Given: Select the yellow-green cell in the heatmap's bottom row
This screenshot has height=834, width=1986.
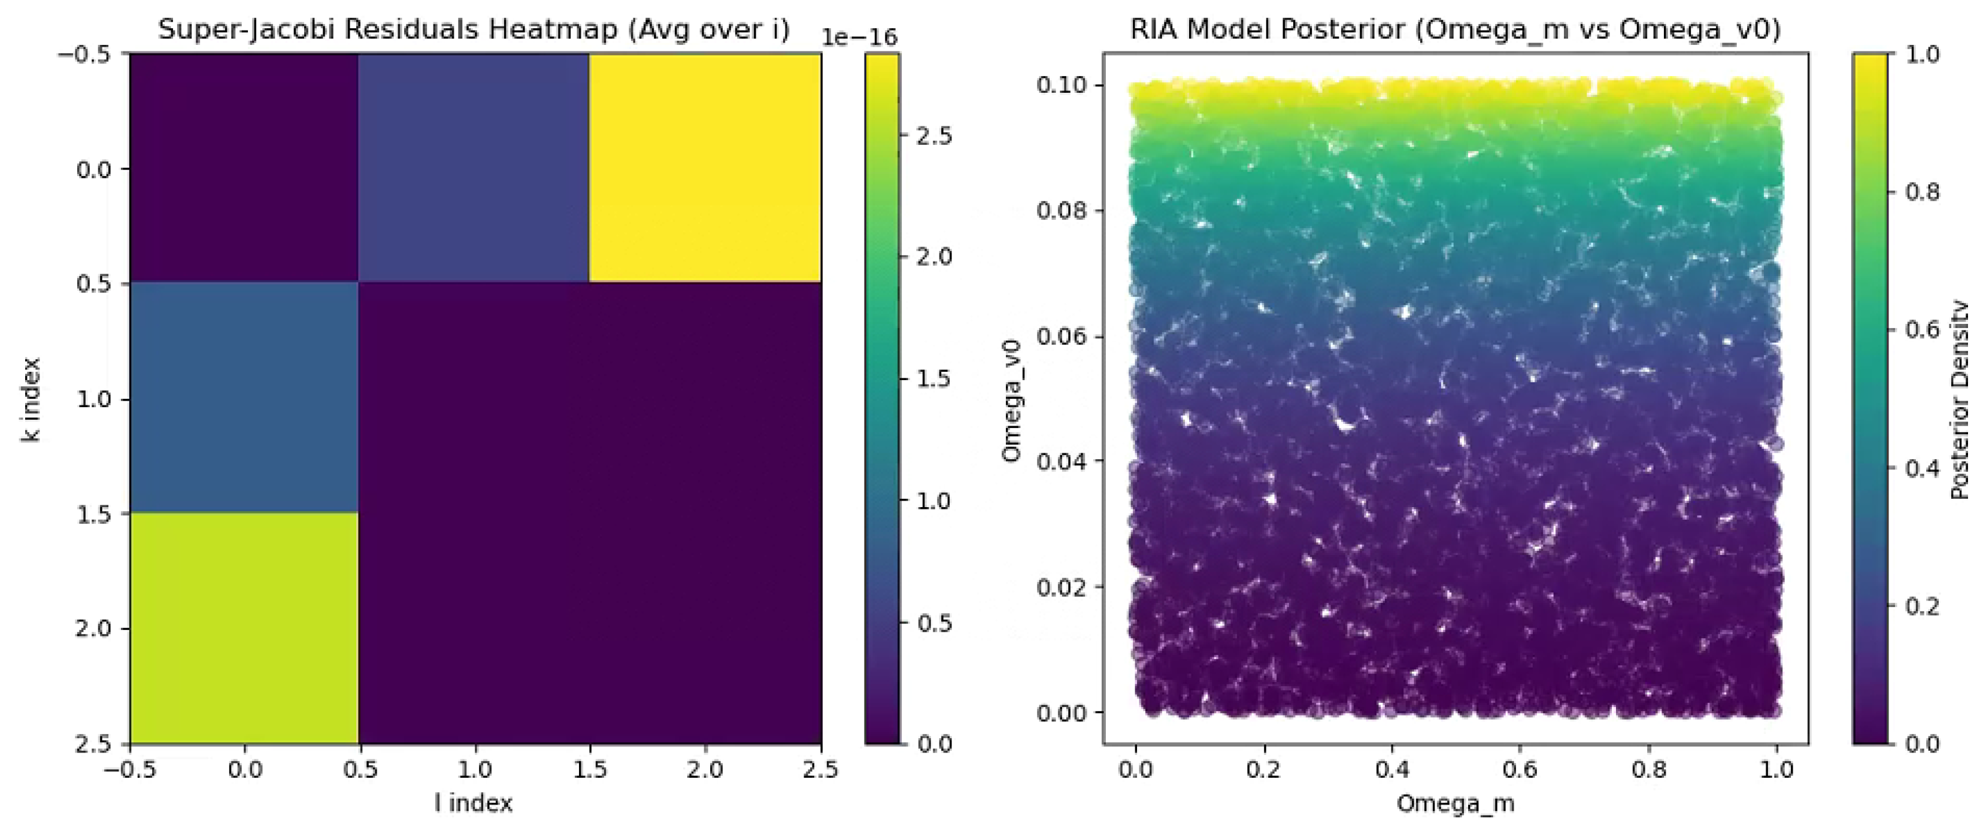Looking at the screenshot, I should tap(244, 627).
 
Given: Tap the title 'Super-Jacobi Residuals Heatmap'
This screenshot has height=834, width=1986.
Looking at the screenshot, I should tap(474, 29).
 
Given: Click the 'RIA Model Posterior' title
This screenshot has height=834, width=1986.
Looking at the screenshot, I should tap(1455, 29).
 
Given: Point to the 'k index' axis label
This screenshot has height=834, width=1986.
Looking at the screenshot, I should tap(31, 399).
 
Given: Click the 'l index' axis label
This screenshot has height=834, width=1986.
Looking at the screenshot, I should tap(474, 803).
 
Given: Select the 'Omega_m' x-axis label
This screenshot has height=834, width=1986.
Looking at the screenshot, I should tap(1455, 803).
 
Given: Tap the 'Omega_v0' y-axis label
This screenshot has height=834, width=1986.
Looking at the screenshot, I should tap(1011, 401).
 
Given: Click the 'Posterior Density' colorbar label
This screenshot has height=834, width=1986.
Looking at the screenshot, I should tap(1959, 399).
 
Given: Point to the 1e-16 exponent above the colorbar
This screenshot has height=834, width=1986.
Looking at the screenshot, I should tap(859, 37).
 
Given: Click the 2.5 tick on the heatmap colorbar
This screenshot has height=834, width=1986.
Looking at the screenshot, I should tap(933, 136).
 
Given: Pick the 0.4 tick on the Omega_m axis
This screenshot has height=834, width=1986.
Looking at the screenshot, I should tap(1391, 769).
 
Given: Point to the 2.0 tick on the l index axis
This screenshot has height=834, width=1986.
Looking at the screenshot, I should tap(705, 769).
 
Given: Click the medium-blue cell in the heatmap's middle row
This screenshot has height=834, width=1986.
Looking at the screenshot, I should tap(244, 397).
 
